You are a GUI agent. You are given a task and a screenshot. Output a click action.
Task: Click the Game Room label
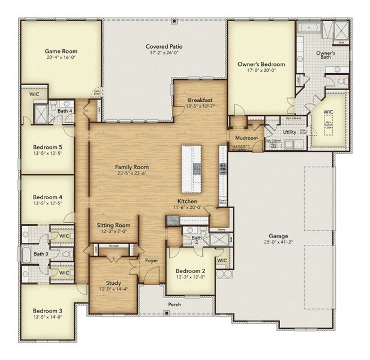61,52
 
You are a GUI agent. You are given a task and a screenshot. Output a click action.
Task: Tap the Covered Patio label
164,46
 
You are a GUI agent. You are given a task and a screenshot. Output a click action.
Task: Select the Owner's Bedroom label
261,64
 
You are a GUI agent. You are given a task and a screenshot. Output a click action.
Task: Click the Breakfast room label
199,100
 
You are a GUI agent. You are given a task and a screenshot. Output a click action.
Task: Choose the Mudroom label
246,138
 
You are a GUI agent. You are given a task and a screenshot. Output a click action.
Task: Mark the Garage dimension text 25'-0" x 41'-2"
277,242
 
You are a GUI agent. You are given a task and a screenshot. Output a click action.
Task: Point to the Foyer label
151,260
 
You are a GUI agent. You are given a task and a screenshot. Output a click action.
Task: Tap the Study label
113,283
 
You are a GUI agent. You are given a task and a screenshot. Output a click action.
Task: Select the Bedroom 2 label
190,271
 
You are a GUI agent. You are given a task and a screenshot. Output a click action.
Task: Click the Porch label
175,304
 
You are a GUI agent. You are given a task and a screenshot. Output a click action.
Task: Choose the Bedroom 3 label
47,311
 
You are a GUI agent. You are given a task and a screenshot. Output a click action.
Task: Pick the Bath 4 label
65,111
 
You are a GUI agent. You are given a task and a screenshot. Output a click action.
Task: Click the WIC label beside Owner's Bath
328,112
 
